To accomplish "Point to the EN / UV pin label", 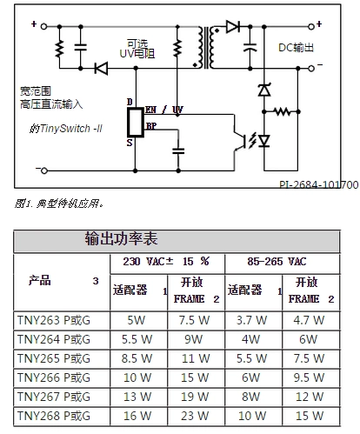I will (164, 110).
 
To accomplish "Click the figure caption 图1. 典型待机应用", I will (59, 204).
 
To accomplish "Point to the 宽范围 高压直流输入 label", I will (50, 97).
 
